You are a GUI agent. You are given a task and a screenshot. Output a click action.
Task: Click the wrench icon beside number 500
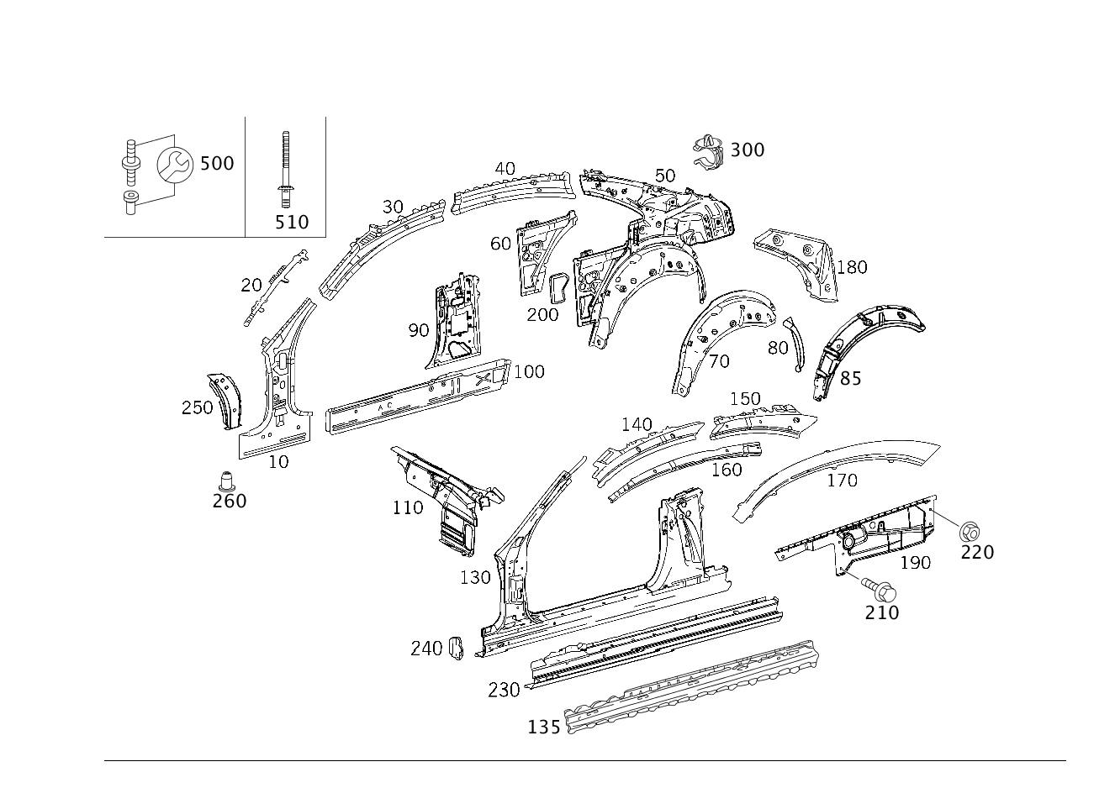pos(175,165)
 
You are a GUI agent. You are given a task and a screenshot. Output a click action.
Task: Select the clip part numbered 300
pos(709,151)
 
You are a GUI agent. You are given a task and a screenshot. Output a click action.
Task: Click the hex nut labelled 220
pos(970,532)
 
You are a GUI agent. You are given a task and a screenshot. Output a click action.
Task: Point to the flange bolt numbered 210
pos(879,590)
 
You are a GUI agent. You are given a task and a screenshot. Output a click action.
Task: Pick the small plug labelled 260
pos(226,481)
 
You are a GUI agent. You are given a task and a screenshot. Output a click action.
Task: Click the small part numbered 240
pos(456,649)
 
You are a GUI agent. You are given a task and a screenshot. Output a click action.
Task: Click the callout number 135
pos(543,728)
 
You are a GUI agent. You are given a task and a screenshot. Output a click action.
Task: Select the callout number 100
pos(529,371)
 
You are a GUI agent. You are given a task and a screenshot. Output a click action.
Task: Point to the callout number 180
pos(852,267)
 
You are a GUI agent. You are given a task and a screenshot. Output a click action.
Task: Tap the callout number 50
pos(665,176)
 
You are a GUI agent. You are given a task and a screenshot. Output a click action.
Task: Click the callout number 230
pos(504,690)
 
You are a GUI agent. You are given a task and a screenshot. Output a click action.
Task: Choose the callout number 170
pos(843,481)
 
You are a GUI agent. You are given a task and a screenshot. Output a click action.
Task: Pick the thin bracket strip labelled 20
pos(275,288)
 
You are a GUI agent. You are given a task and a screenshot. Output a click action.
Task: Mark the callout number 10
pos(278,462)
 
